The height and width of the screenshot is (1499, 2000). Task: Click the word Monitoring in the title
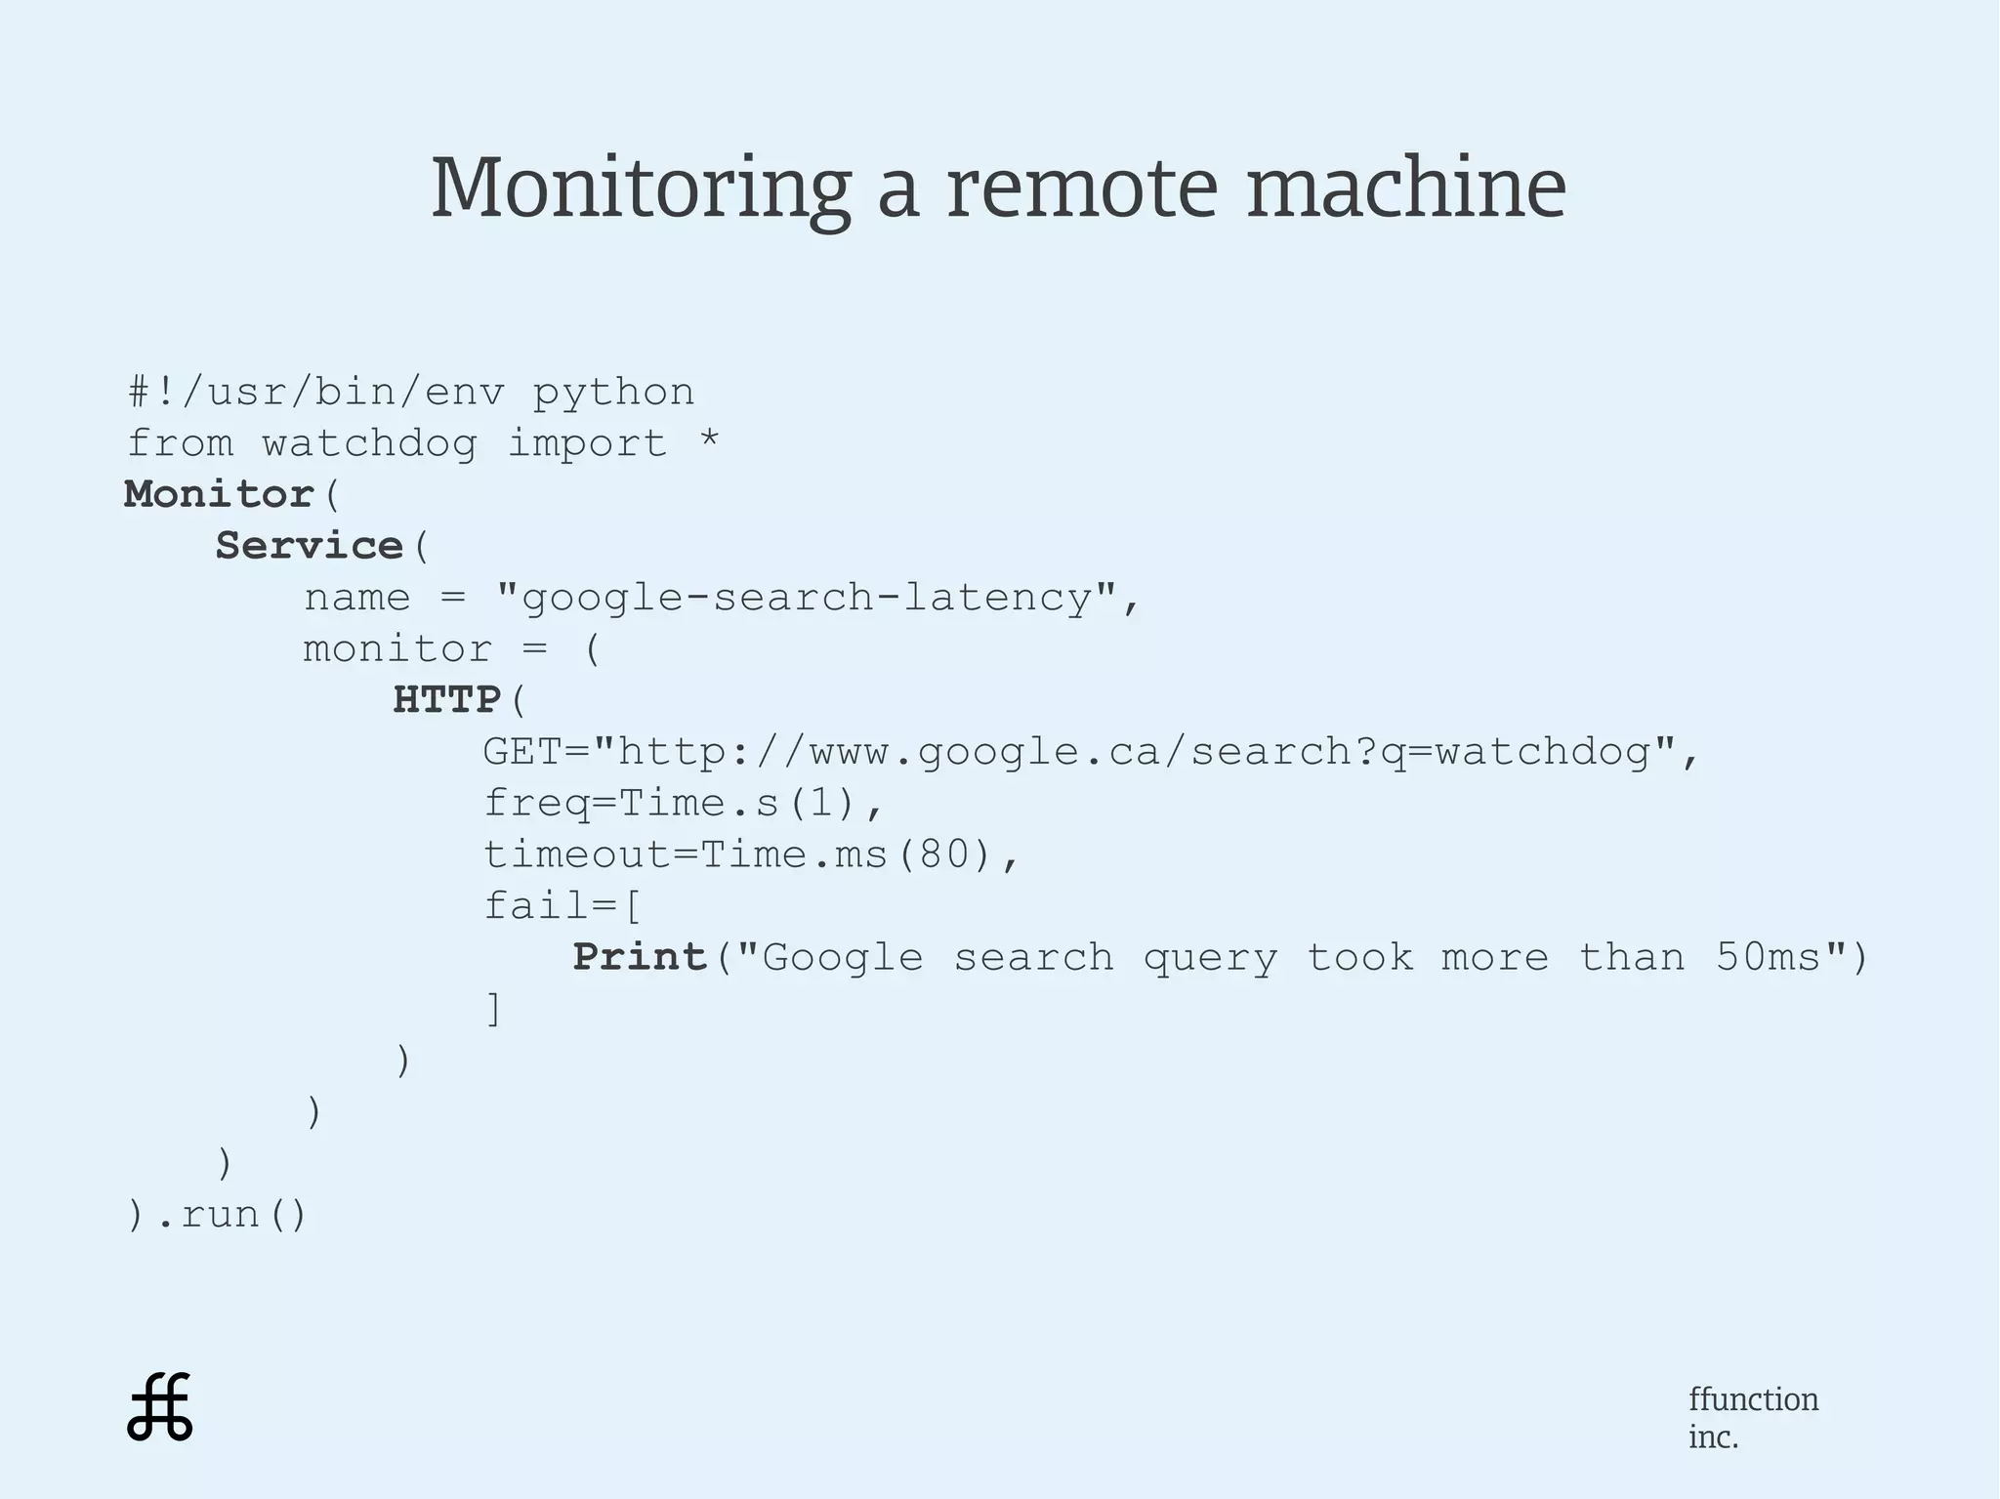(x=641, y=187)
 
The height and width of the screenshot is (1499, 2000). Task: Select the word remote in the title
(x=1082, y=187)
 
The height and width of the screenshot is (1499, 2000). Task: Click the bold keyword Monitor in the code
(x=219, y=494)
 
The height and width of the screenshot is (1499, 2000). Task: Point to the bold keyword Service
(x=309, y=546)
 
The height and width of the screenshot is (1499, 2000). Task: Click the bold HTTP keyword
(x=447, y=700)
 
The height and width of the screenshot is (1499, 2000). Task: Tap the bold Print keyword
(x=640, y=957)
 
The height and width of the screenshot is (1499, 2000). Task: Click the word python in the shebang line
(x=613, y=393)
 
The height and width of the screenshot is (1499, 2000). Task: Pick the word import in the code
(x=587, y=443)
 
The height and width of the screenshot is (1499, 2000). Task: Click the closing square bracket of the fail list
(x=494, y=1009)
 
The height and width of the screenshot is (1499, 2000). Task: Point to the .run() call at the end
(x=230, y=1215)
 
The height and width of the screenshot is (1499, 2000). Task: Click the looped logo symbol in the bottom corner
(x=160, y=1407)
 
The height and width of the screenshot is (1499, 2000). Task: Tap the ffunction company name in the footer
(x=1753, y=1399)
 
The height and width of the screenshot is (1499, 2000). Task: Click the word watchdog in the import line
(x=369, y=443)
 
